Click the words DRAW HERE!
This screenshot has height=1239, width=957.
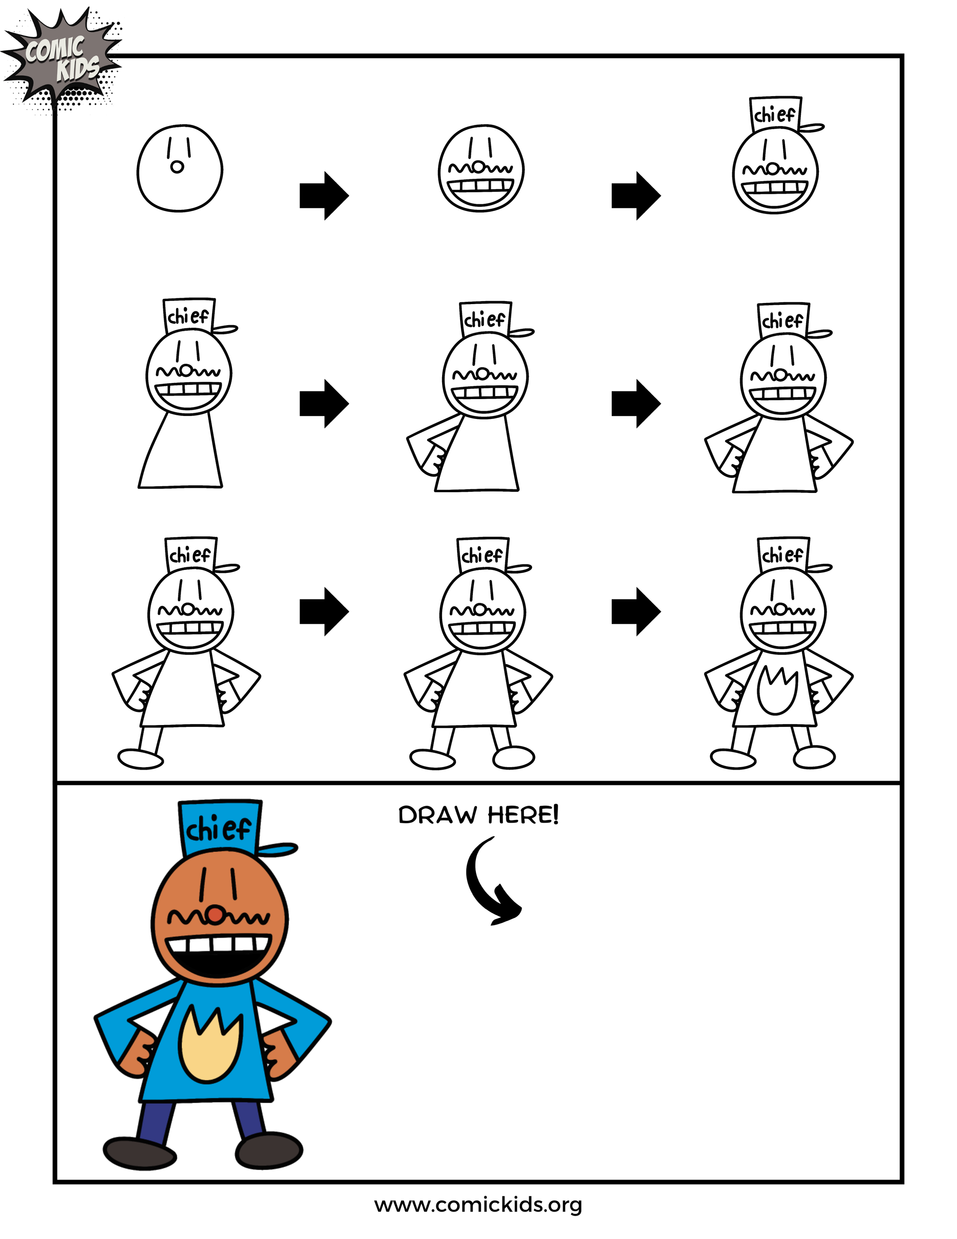pyautogui.click(x=478, y=815)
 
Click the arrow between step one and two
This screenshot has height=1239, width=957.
pyautogui.click(x=324, y=196)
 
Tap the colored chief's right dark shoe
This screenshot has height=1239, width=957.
pyautogui.click(x=269, y=1151)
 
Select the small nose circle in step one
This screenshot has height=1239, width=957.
pyautogui.click(x=177, y=167)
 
